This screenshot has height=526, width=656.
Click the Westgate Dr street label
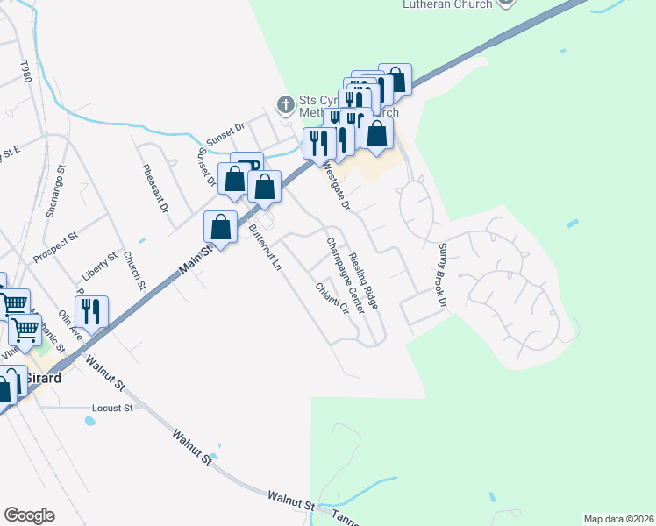click(335, 187)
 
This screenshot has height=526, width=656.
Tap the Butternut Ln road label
click(264, 246)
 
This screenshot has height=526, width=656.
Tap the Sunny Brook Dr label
click(442, 274)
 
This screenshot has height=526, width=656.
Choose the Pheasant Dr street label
click(159, 186)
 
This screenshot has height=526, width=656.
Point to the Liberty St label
click(99, 265)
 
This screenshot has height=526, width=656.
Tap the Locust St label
click(112, 408)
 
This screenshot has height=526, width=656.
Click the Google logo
click(29, 515)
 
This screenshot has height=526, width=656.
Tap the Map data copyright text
click(618, 519)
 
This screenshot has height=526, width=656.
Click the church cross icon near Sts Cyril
click(285, 105)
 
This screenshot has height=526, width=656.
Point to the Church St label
click(134, 271)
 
